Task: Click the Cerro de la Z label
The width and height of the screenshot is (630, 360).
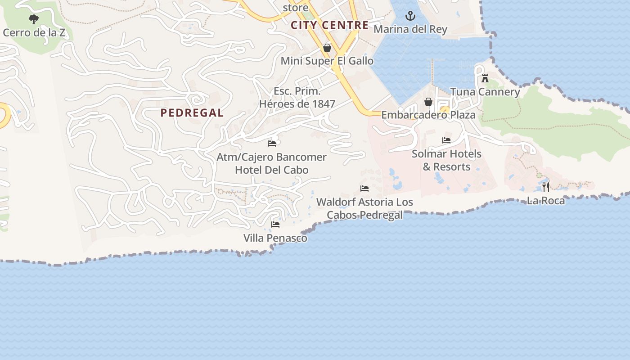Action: (34, 33)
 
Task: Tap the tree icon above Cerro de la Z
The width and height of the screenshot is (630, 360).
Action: (34, 19)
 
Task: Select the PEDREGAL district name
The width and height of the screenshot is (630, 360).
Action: (192, 113)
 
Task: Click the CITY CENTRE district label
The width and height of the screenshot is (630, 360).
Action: (329, 25)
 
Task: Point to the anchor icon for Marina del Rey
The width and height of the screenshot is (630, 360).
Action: (410, 16)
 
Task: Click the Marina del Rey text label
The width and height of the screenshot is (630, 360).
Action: (410, 30)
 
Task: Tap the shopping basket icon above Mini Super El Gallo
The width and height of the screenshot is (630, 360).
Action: (327, 48)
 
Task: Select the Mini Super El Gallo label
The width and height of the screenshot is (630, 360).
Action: (327, 61)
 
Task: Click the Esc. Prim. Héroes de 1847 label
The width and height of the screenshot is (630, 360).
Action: (297, 98)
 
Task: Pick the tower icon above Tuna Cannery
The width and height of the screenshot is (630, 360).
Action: (485, 78)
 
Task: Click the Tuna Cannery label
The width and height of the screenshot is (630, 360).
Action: (485, 92)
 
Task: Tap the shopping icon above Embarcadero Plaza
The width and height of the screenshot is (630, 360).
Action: (428, 102)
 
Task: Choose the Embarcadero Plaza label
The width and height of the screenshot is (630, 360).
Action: (428, 115)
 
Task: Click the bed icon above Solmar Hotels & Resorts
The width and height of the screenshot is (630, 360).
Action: (446, 140)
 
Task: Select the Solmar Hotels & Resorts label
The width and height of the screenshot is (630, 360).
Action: (446, 160)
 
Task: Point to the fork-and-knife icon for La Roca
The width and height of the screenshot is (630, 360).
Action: (546, 187)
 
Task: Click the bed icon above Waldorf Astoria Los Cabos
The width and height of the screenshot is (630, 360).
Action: (364, 189)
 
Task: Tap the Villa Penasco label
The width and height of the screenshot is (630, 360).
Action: (275, 238)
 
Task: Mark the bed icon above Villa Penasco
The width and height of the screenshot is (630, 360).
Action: (275, 224)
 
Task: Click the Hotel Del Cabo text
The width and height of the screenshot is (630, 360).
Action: (272, 170)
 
